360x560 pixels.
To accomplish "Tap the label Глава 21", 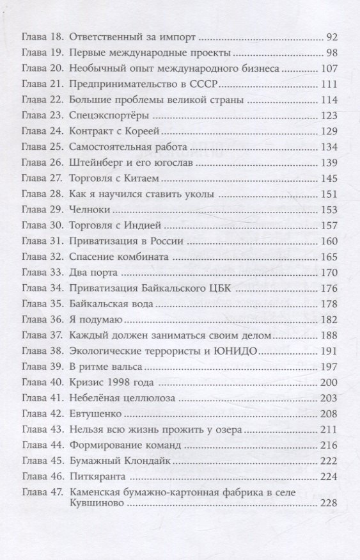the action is pos(42,86).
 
